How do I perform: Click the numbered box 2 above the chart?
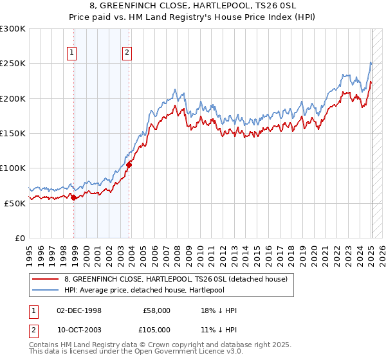click(x=127, y=53)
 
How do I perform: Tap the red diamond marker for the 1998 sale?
click(x=73, y=197)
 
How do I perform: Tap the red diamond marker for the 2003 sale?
click(x=129, y=165)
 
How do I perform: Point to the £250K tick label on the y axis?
click(x=12, y=64)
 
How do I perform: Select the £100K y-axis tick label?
click(x=12, y=168)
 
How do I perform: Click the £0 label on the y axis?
click(x=19, y=238)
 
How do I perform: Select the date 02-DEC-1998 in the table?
click(x=78, y=310)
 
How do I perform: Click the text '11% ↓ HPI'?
click(x=219, y=330)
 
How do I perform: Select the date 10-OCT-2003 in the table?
click(x=78, y=330)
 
